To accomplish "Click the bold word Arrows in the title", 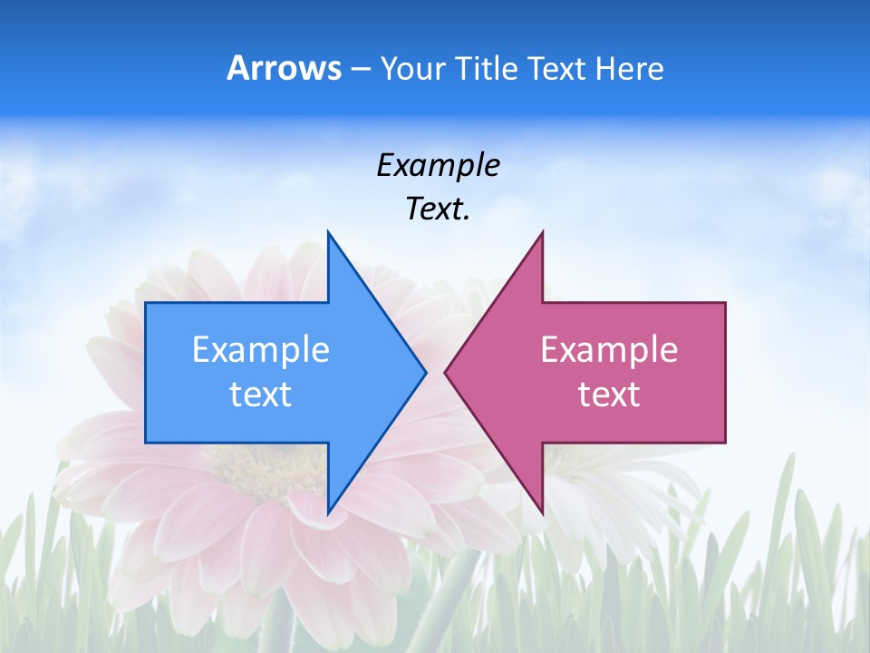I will click(x=285, y=69).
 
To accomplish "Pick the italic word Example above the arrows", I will click(x=438, y=166).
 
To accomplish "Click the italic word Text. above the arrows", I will click(x=438, y=210).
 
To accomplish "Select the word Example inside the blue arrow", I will click(x=261, y=350).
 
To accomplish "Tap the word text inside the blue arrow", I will click(x=261, y=395).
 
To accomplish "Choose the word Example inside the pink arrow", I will click(x=609, y=350).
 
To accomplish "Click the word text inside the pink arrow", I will click(x=609, y=395).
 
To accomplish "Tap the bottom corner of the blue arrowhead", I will click(x=328, y=512).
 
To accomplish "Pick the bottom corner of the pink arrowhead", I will click(x=542, y=512).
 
